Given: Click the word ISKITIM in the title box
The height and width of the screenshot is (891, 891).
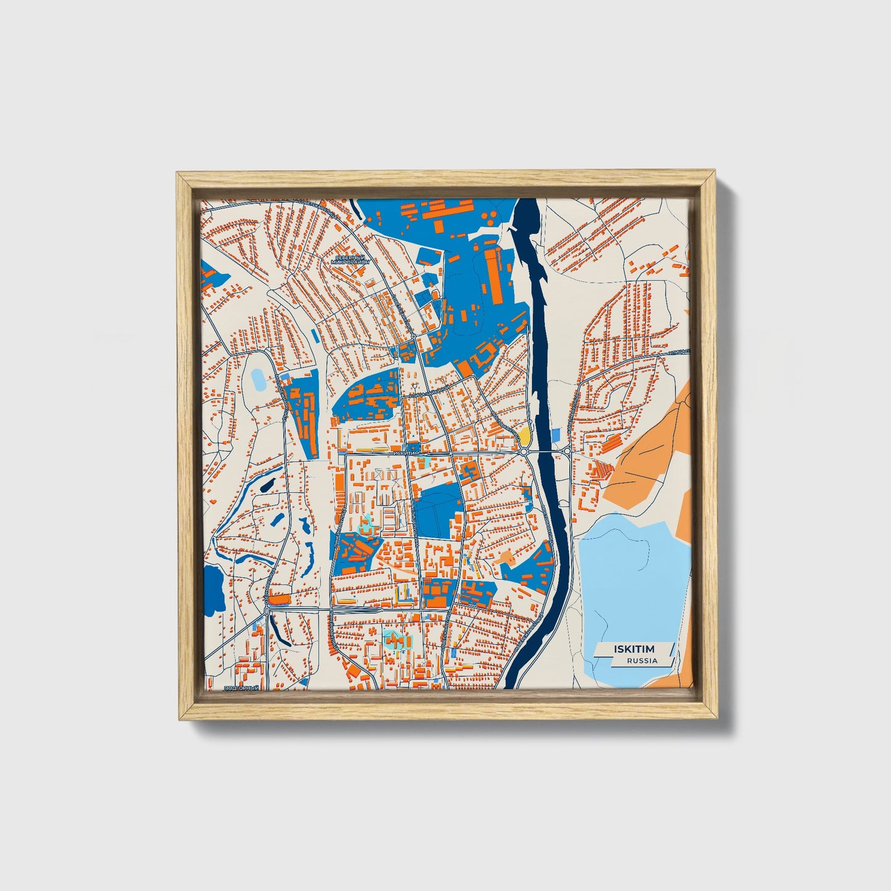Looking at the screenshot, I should coord(634,649).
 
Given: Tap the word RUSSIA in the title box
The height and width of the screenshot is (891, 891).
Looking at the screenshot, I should coord(642,660).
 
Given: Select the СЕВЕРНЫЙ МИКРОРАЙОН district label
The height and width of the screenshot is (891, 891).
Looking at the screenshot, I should coord(350,259).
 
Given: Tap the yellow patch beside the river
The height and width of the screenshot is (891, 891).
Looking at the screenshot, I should coord(525,436).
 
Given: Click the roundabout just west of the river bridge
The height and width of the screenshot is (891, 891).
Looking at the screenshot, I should coord(524,452).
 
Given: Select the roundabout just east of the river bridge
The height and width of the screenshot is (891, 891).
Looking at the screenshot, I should coord(567,452).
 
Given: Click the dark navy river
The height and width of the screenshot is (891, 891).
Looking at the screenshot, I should coord(546,370).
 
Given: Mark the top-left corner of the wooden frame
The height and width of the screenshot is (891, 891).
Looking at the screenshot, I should coord(178,174).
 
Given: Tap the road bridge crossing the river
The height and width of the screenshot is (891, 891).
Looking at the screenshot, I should coord(545,452).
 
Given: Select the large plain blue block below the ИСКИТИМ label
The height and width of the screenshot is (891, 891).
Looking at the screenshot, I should coord(439,509).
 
